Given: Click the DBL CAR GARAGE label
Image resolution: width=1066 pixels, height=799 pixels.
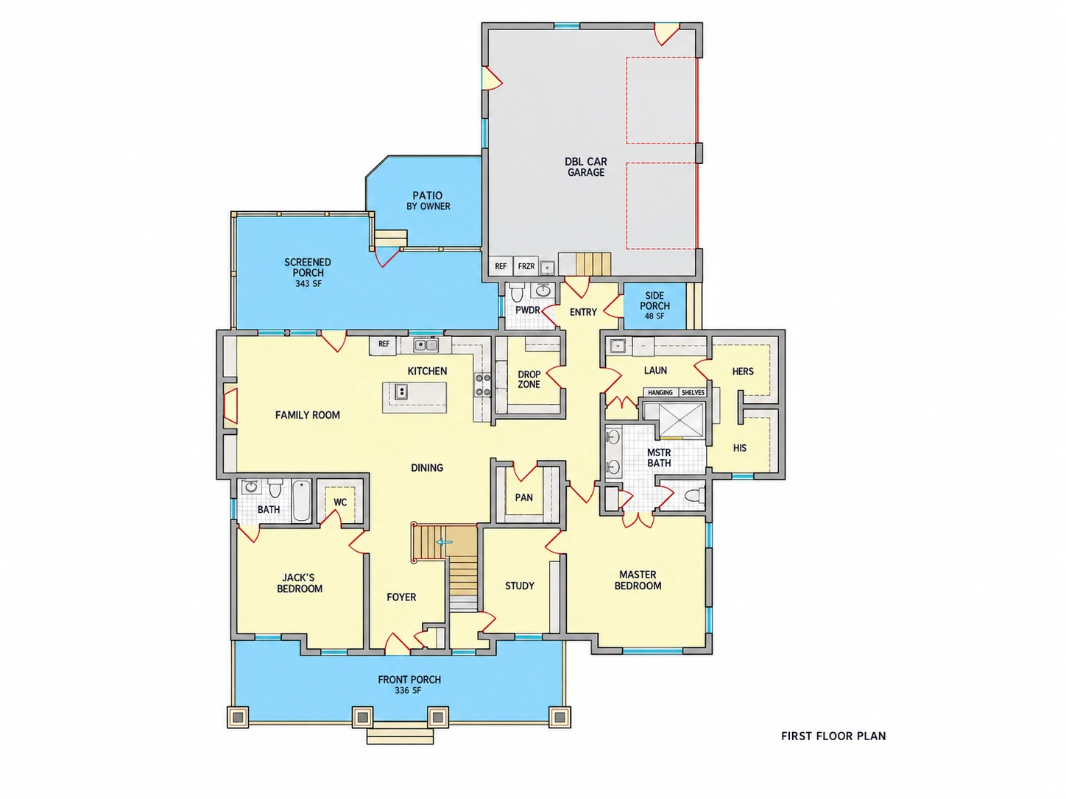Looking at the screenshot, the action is point(586,167).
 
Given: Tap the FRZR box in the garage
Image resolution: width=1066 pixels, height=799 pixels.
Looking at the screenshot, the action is point(526,266).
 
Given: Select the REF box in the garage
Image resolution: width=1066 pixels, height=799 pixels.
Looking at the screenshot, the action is point(501,266).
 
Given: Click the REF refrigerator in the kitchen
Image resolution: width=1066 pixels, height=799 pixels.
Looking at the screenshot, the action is point(384,344).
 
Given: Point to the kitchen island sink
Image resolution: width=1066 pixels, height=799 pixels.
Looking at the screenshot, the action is point(401,391).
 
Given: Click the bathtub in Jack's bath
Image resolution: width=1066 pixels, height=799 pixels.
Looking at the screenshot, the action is point(302,500).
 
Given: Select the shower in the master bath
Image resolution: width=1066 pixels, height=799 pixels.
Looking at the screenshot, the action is point(680,419).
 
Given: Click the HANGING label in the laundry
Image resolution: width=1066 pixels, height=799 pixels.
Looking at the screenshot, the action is point(660,392).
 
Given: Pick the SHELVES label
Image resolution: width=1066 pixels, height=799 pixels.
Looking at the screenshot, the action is point(693,392).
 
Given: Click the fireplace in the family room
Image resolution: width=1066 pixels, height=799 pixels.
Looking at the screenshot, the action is point(230,405).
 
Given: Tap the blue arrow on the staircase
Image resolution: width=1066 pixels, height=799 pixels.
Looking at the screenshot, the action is point(445,542).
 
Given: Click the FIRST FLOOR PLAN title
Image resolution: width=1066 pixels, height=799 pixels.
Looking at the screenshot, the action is point(833,736).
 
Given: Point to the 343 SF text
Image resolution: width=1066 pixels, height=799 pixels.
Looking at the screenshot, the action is point(308,284).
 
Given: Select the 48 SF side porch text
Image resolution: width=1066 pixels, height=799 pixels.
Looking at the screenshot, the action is point(654,316).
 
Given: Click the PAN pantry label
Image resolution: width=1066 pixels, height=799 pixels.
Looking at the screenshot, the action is point(523,497).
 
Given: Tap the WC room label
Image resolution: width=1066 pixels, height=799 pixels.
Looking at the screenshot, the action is point(340,502).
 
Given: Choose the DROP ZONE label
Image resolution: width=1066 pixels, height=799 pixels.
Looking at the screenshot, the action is point(529,380).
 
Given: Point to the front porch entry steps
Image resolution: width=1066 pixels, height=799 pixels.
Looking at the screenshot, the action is point(400,733).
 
